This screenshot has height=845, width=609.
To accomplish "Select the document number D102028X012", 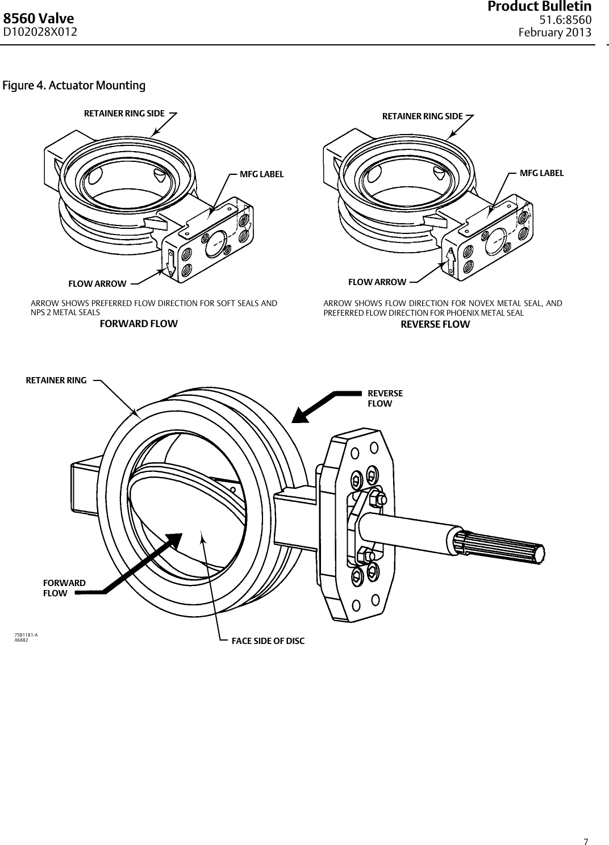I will point(40,32).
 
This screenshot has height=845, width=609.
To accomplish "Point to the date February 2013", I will point(555,32).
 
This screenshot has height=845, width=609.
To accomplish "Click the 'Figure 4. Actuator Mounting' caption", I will point(74,86).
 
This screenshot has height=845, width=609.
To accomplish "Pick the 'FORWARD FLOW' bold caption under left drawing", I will point(139,324).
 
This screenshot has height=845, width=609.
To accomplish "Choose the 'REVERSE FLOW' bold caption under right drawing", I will point(435,324).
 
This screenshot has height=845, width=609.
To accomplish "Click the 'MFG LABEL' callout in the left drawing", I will point(261,174).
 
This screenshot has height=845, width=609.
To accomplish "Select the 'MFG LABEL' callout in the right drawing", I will point(542,173).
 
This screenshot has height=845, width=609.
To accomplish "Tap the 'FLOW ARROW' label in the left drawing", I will point(97,283).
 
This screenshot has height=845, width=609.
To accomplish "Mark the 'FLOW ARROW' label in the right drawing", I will point(377,282).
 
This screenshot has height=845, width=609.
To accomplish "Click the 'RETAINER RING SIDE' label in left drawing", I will point(124,113).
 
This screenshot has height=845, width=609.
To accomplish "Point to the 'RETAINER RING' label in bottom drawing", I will point(56,380).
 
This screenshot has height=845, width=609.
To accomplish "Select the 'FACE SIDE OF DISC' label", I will point(268,641).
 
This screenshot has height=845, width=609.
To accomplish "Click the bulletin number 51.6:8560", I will point(565,20).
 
